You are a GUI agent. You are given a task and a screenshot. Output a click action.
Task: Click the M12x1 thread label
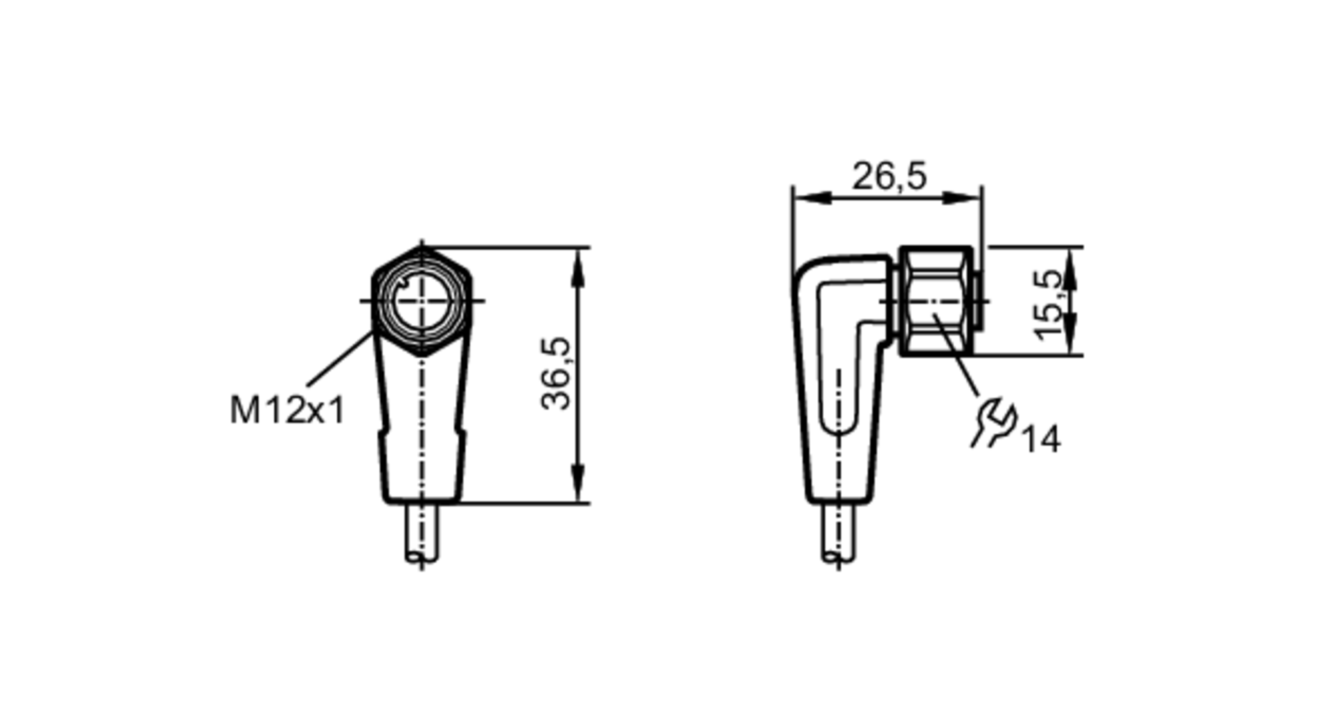click(287, 410)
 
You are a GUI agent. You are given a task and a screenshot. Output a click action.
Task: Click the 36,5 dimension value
click(556, 374)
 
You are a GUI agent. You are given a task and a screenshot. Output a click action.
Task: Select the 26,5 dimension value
click(889, 177)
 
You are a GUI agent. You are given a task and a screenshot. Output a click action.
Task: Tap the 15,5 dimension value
click(1049, 304)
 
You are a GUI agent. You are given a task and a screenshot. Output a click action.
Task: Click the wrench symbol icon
click(994, 422)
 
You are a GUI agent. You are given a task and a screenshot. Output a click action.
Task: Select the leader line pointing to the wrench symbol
click(958, 356)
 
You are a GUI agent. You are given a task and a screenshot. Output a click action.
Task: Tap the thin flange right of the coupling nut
click(978, 301)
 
